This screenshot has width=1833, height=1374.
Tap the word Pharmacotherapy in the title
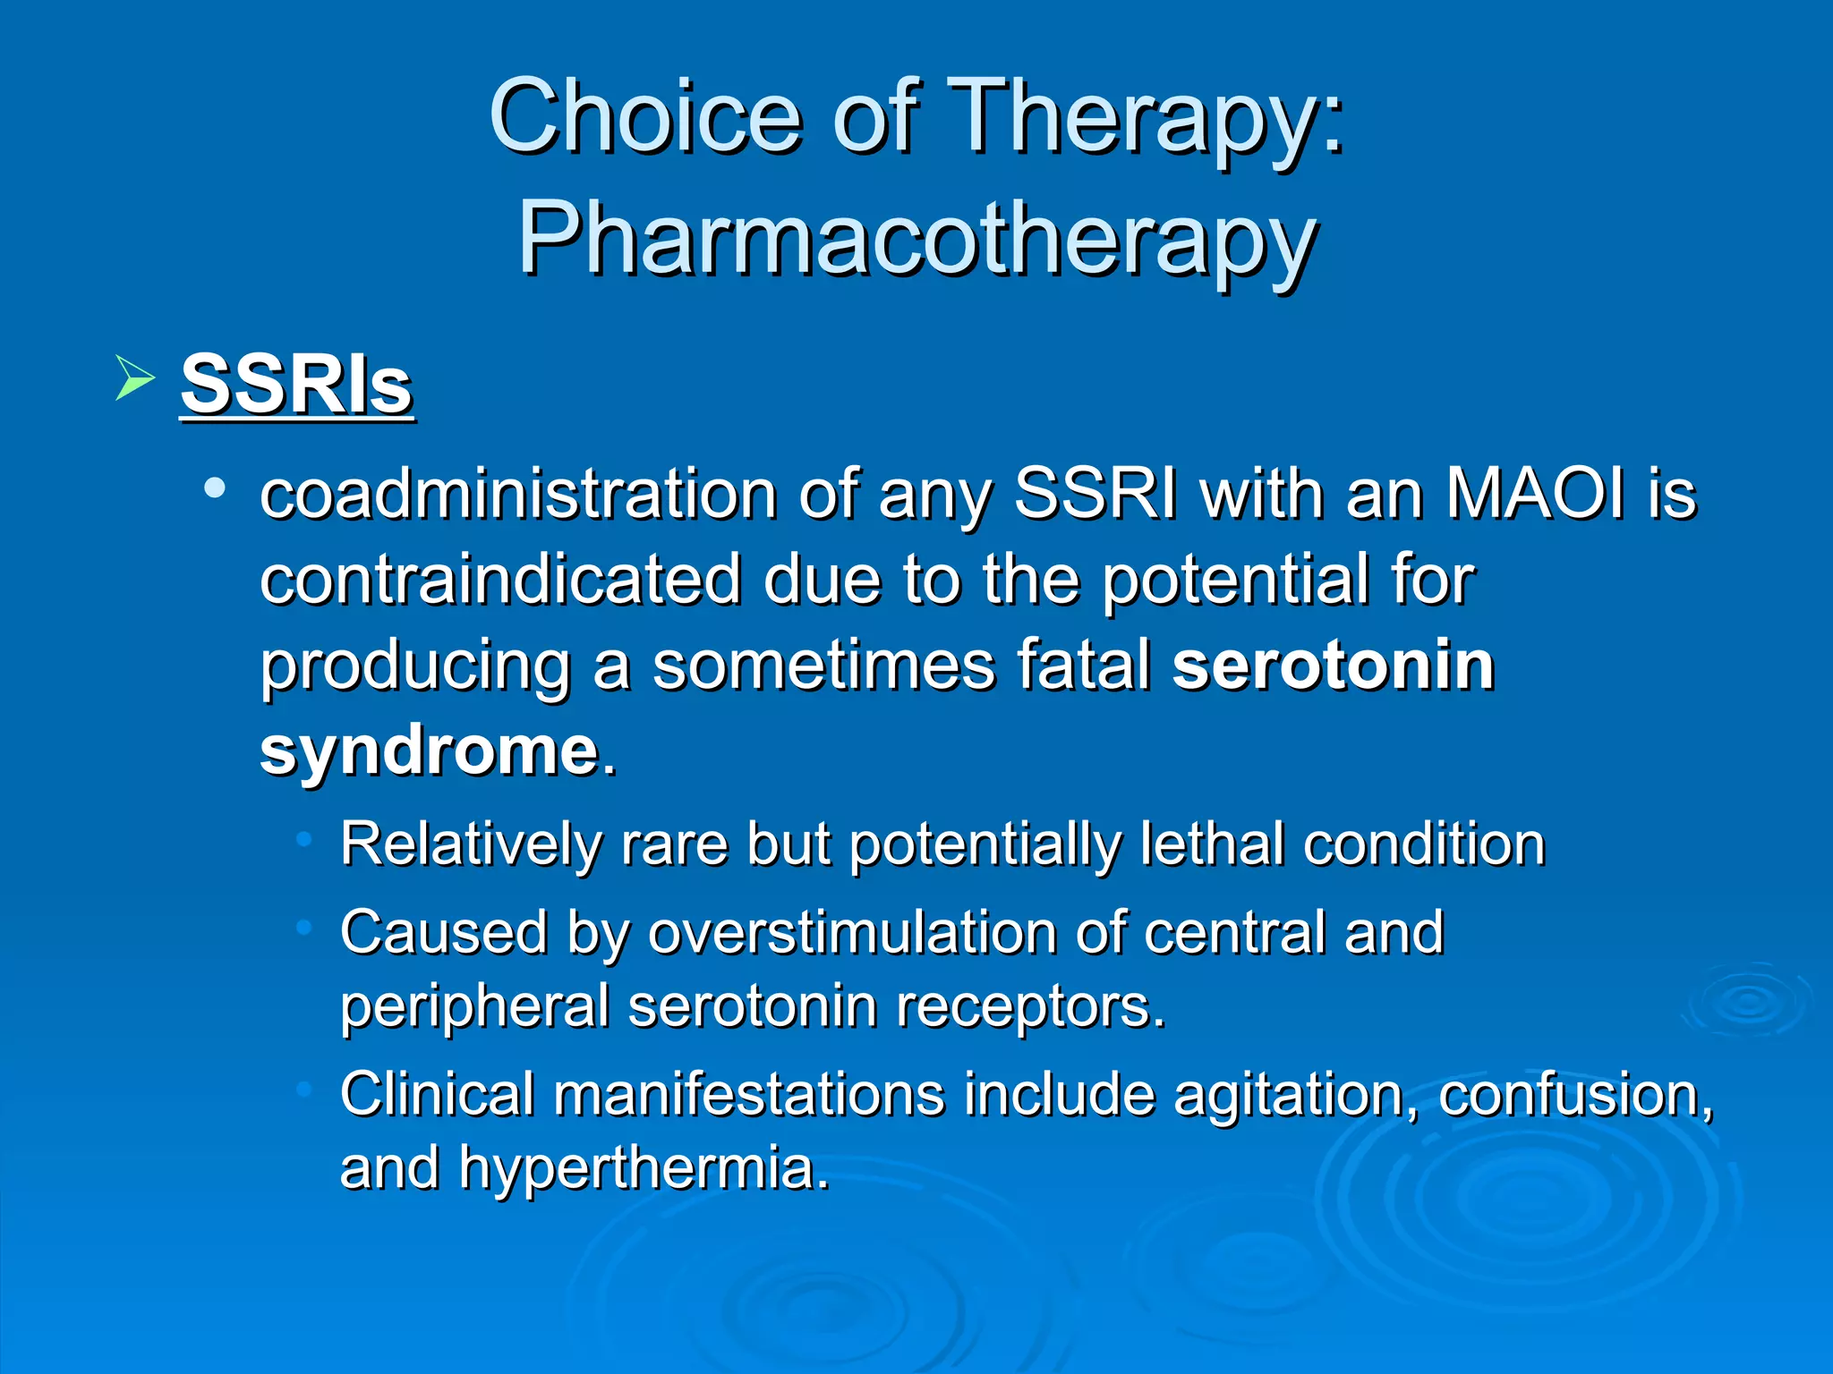point(916,240)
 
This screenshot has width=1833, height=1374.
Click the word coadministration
point(518,494)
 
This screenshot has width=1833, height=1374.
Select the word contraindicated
point(499,580)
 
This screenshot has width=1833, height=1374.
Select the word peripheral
point(474,1006)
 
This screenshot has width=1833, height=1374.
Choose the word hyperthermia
point(643,1168)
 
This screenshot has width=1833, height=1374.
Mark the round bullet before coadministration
point(214,488)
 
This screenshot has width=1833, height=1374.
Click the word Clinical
point(437,1095)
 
